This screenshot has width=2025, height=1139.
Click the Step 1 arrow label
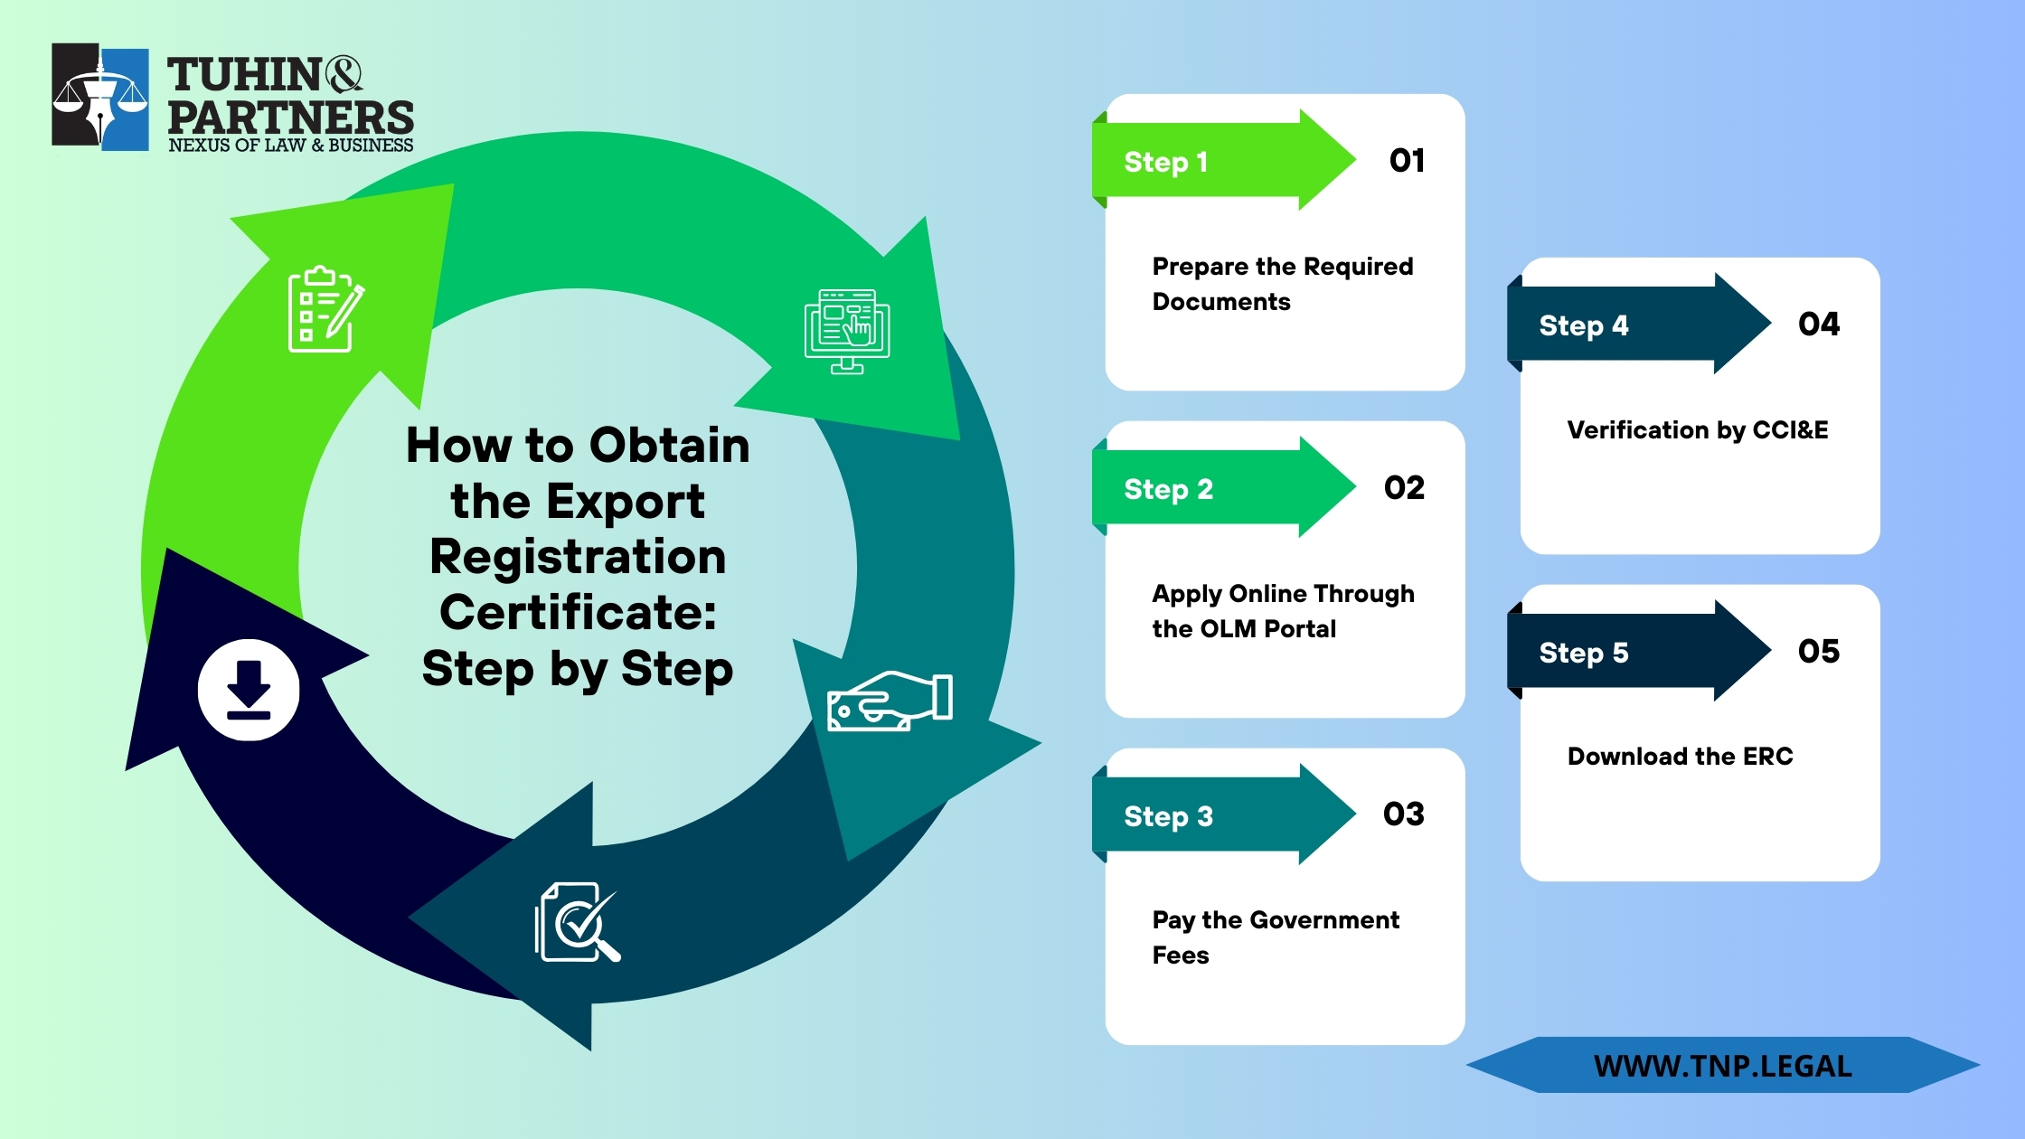point(1165,162)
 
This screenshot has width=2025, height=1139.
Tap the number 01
point(1407,161)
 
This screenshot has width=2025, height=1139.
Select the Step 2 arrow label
point(1168,489)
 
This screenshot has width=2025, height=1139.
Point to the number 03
point(1403,814)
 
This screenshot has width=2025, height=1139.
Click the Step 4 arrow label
point(1583,325)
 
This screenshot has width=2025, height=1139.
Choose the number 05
point(1818,652)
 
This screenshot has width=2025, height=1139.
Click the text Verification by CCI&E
point(1697,430)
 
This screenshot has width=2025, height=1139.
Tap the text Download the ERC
point(1680,757)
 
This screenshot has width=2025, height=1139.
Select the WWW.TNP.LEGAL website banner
point(1722,1066)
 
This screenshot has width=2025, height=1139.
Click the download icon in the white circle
point(249,690)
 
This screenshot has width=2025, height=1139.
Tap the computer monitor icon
point(847,331)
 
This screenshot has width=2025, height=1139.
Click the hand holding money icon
point(890,701)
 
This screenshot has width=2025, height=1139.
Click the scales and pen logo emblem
point(100,98)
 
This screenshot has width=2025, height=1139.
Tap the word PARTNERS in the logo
point(290,118)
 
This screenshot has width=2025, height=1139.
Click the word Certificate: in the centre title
point(578,613)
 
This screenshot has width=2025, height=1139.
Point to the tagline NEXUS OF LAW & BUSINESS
point(290,146)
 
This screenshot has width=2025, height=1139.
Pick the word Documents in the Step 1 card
point(1220,302)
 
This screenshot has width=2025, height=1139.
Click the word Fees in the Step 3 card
point(1180,955)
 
